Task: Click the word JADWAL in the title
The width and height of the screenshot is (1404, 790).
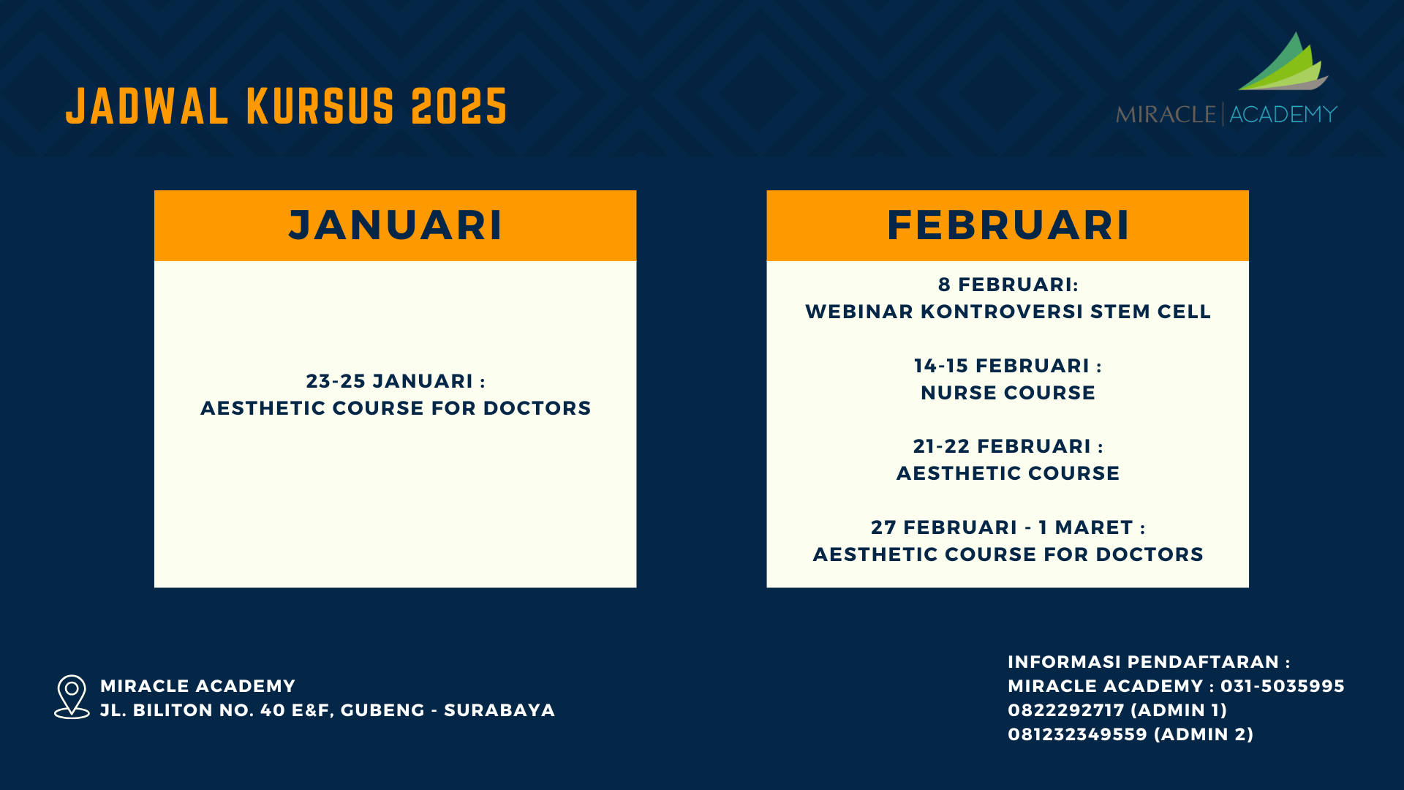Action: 147,107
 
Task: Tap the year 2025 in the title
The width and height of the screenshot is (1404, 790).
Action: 459,107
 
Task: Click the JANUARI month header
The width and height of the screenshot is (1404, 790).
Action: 395,225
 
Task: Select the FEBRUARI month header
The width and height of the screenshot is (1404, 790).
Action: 1008,225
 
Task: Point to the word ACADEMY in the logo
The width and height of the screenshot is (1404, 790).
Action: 1283,114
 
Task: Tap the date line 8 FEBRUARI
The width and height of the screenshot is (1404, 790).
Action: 1008,285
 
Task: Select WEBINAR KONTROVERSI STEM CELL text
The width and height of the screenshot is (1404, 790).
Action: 1008,312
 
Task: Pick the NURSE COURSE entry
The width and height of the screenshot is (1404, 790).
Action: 1008,393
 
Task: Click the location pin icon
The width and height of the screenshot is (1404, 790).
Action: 72,696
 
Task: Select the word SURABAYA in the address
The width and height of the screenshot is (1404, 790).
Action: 499,710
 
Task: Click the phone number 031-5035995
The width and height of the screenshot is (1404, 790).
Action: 1283,686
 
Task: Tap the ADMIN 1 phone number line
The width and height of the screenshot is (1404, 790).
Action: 1117,710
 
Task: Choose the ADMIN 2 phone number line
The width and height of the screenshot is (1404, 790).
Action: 1131,734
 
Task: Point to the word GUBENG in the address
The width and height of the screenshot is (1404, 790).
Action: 382,710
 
